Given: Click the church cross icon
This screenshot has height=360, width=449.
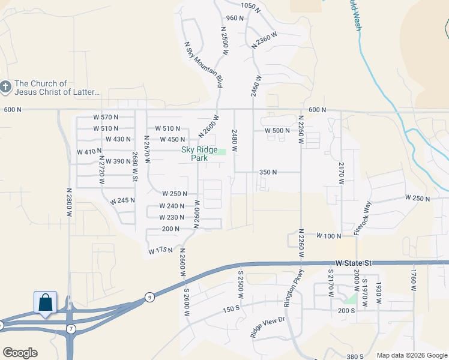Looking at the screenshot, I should pos(5,88).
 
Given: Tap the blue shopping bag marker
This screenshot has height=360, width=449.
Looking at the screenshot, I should pos(46,302).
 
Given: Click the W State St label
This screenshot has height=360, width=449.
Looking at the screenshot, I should pos(354,263).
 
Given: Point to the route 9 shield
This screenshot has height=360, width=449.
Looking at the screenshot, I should pos(148,297).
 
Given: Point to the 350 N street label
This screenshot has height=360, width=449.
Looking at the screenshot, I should pos(268,172).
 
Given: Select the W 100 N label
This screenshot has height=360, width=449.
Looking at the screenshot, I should pos(328,236).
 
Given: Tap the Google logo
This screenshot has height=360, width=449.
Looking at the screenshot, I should pos(20,353).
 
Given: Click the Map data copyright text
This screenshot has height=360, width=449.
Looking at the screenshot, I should pos(412,355).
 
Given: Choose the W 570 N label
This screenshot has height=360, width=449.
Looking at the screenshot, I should pos(106,116).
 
